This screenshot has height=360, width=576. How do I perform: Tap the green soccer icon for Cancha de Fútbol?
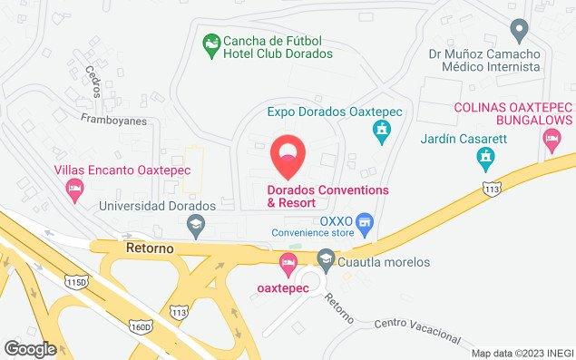point(210,42)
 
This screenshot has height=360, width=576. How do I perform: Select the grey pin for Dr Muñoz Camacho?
point(520,31)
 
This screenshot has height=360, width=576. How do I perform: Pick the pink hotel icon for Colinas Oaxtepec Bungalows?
point(551,140)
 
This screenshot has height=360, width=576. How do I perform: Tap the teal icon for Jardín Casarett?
point(486,161)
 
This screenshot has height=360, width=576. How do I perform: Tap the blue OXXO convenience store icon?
point(365,221)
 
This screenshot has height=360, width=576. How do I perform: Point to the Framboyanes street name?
point(113,118)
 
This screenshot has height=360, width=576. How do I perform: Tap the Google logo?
point(30,348)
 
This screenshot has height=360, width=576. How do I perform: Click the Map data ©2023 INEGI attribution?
point(522,353)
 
